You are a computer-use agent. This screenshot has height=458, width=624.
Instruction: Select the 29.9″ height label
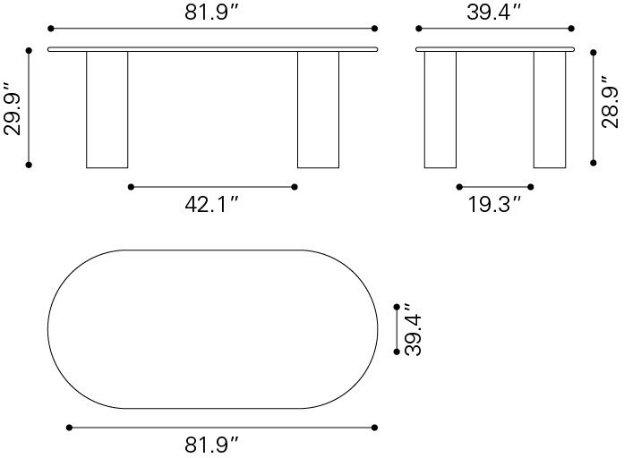[x=13, y=108]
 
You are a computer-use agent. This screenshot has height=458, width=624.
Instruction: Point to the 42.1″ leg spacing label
[x=212, y=204]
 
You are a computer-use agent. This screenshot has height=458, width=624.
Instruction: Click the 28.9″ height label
[x=610, y=107]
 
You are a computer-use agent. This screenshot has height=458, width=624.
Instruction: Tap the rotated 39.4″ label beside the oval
[x=414, y=329]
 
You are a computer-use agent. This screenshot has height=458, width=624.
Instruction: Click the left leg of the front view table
[x=107, y=109]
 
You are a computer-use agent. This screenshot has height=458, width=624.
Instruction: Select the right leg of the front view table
[x=318, y=109]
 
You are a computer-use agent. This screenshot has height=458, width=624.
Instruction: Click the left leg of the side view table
[x=440, y=109]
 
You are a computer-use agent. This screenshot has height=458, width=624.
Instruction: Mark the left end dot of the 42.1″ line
[x=131, y=187]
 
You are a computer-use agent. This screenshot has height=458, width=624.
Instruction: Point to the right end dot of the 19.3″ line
[x=533, y=187]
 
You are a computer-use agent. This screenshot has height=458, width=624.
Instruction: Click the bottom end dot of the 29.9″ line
[x=30, y=165]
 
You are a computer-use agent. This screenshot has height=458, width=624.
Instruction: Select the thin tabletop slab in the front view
[x=212, y=48]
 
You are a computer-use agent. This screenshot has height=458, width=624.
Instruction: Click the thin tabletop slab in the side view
[x=495, y=48]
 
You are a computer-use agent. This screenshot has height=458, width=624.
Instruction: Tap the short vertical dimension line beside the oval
[x=397, y=329]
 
